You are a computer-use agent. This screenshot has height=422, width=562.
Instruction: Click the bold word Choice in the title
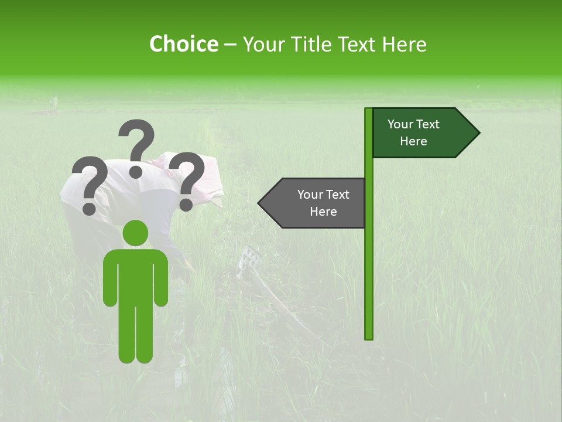pos(183,44)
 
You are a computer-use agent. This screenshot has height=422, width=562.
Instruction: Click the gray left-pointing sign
pos(316,203)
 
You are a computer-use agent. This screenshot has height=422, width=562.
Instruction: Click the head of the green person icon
pos(136,233)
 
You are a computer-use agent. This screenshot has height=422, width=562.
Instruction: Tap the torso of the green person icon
pos(136,275)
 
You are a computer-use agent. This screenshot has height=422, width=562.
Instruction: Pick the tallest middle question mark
pos(137,141)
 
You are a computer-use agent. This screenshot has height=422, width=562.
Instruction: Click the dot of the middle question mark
pos(136,171)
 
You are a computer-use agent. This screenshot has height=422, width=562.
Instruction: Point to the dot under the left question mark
pos(90,207)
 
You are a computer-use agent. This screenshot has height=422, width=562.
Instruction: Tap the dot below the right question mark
pos(186,203)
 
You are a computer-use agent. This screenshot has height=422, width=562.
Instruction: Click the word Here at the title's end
pos(404,44)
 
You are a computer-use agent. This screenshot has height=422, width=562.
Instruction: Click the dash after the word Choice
pos(230,45)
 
